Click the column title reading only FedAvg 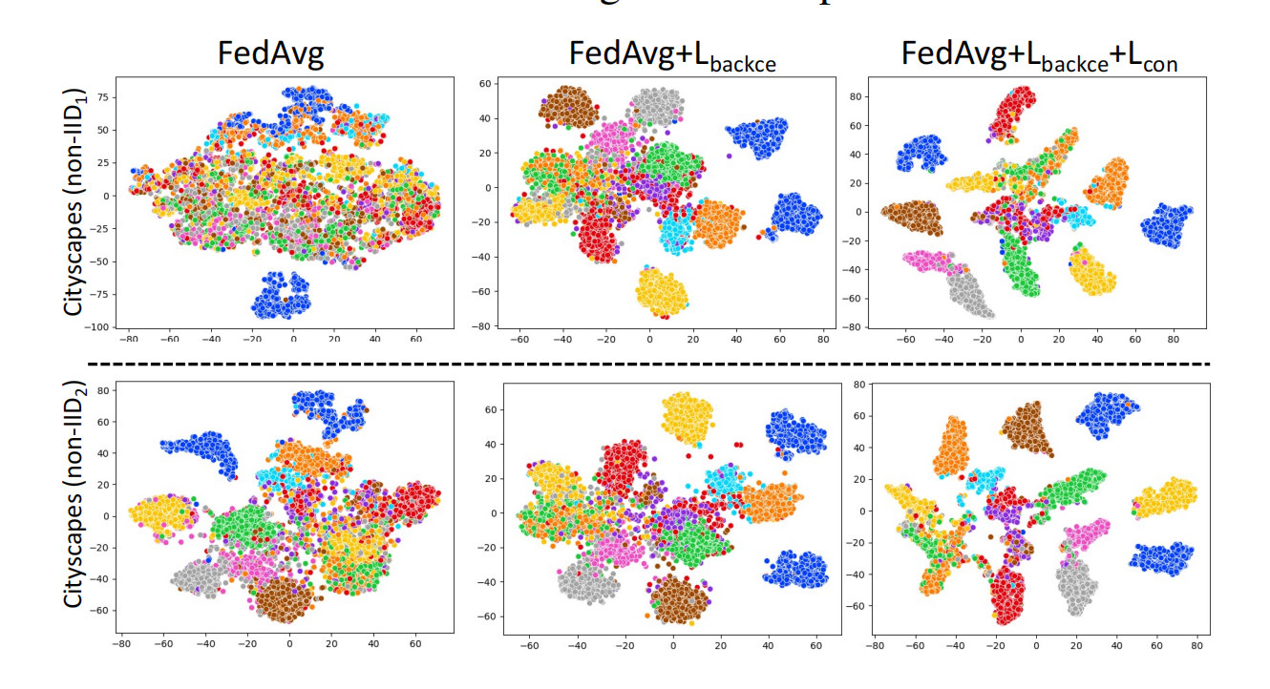[x=271, y=54]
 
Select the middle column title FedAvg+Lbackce [x=672, y=54]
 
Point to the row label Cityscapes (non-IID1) [x=75, y=203]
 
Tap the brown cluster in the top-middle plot [x=568, y=105]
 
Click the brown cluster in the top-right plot [x=912, y=217]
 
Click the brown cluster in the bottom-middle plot [x=680, y=598]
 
